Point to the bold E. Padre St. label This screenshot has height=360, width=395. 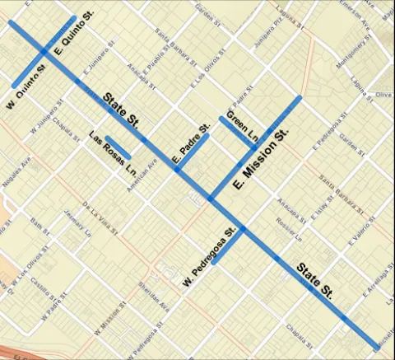188,147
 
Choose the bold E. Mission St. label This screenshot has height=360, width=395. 261,161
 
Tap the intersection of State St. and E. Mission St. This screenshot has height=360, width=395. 211,199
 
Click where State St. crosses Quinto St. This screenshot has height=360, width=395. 44,53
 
